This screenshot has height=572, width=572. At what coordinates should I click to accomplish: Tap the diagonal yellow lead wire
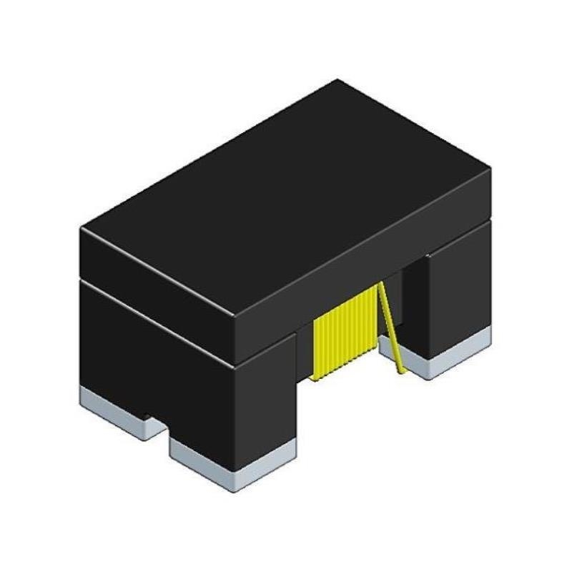click(x=390, y=325)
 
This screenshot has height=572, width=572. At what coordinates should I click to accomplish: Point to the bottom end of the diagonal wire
click(x=400, y=370)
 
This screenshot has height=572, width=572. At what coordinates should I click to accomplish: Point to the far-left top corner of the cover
click(x=82, y=229)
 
